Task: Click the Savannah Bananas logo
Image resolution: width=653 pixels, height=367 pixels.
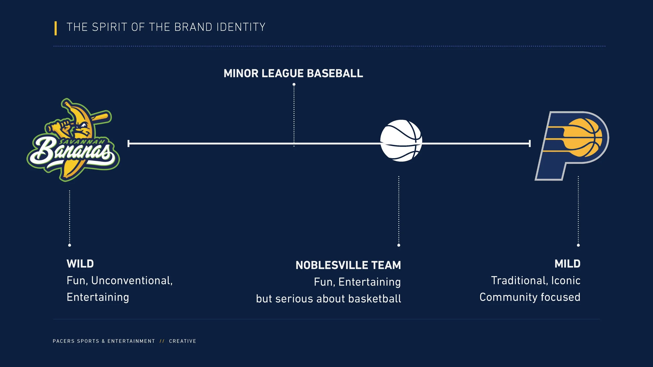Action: click(x=73, y=141)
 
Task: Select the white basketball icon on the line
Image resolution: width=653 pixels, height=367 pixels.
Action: click(x=401, y=141)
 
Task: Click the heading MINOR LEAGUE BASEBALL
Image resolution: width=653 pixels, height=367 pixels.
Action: click(x=293, y=73)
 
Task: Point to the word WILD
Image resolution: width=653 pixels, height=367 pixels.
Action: click(x=80, y=264)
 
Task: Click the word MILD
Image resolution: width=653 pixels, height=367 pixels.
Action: click(x=567, y=264)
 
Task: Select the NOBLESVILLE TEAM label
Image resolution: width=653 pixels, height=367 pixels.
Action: click(x=348, y=265)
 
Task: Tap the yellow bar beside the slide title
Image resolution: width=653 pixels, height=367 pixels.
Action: click(x=56, y=28)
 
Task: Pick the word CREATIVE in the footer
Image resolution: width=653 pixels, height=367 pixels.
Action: click(x=183, y=341)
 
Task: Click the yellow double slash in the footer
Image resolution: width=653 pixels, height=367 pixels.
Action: click(x=162, y=341)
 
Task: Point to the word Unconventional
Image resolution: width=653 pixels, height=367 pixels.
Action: click(x=132, y=281)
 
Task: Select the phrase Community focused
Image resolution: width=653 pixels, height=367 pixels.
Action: click(x=530, y=297)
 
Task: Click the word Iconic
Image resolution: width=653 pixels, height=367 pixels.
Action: click(x=566, y=281)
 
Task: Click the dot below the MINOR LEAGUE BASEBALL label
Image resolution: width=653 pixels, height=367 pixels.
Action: click(x=294, y=84)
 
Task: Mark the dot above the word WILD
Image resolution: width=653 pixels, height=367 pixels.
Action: click(x=69, y=245)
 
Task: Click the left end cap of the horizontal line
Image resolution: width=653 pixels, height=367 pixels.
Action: click(x=129, y=143)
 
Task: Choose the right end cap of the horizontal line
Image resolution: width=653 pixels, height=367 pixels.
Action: click(x=530, y=143)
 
